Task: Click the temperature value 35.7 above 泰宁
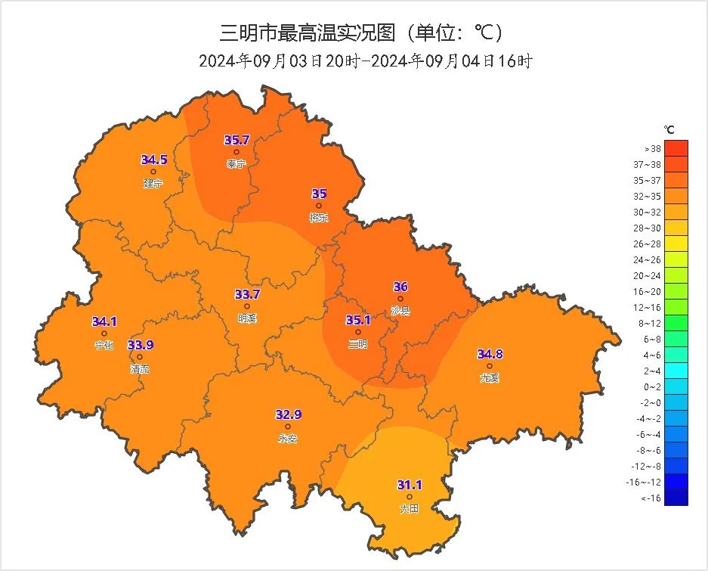pyautogui.click(x=237, y=140)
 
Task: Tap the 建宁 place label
pyautogui.click(x=153, y=183)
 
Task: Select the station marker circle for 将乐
pyautogui.click(x=319, y=206)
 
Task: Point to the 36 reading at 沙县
pyautogui.click(x=400, y=287)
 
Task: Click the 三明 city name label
pyautogui.click(x=357, y=344)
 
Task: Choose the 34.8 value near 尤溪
pyautogui.click(x=490, y=354)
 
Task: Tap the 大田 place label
pyautogui.click(x=409, y=509)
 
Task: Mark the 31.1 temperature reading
pyautogui.click(x=410, y=485)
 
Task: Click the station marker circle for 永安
pyautogui.click(x=288, y=427)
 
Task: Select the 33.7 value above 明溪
pyautogui.click(x=247, y=294)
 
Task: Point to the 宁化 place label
pyautogui.click(x=104, y=345)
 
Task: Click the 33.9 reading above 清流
pyautogui.click(x=140, y=345)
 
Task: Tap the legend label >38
pyautogui.click(x=652, y=148)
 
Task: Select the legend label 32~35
pyautogui.click(x=652, y=196)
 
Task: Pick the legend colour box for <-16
pyautogui.click(x=676, y=497)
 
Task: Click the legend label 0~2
pyautogui.click(x=652, y=386)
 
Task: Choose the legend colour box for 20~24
pyautogui.click(x=676, y=275)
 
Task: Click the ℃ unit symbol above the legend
pyautogui.click(x=669, y=130)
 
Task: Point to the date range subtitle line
pyautogui.click(x=366, y=61)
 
